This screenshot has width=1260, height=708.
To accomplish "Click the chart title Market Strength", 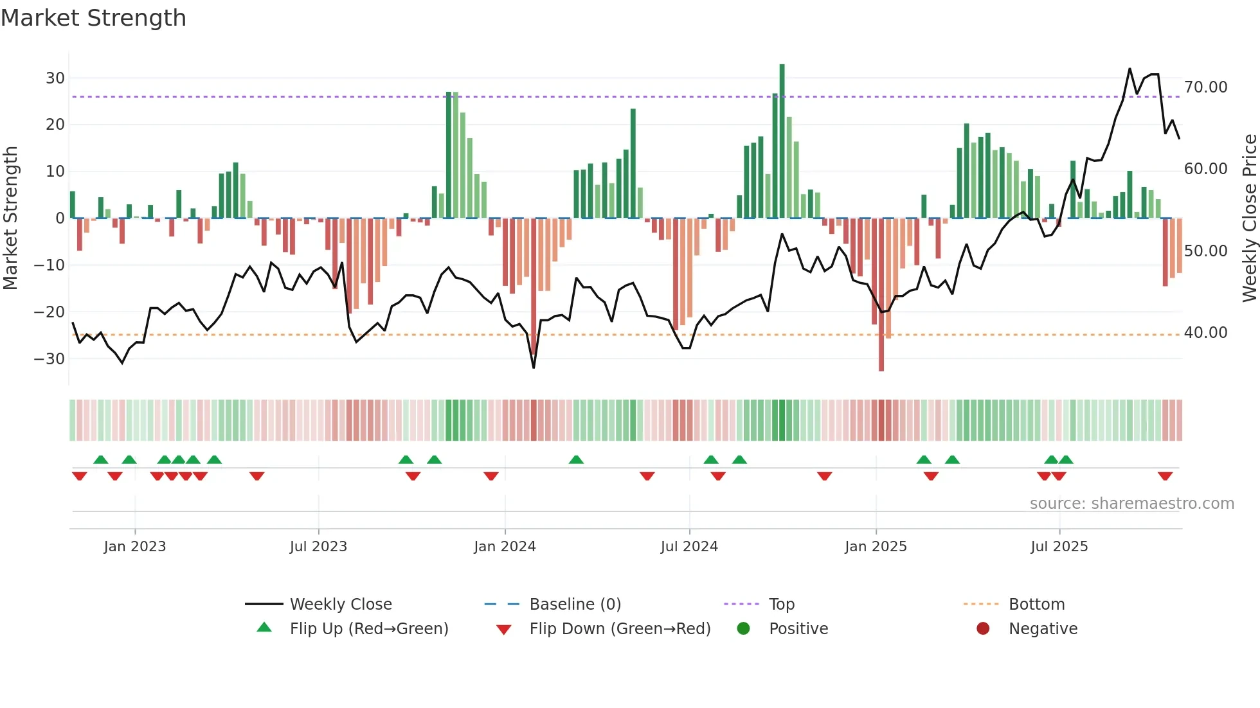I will (x=93, y=18).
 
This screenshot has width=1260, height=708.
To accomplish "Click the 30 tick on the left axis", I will (x=55, y=78).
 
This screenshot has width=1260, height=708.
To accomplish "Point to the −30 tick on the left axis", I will (x=50, y=358).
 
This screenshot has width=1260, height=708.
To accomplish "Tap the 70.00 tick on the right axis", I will (x=1205, y=87).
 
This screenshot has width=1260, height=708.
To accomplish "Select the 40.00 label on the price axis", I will (x=1205, y=333).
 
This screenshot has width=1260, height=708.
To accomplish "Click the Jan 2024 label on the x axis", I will (x=505, y=547).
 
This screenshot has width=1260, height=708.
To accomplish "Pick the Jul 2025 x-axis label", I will (x=1059, y=547).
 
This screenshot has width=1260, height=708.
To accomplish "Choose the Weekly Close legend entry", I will (x=340, y=605).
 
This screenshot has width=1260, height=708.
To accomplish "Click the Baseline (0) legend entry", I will (x=575, y=605).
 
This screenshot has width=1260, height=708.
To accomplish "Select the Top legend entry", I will (x=781, y=605).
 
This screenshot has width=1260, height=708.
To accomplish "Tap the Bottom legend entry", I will (x=1036, y=605).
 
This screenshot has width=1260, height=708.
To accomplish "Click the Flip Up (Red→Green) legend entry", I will (x=368, y=629).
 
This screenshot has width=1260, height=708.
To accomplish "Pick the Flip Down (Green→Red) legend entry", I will (x=620, y=629).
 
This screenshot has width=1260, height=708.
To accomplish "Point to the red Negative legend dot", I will (x=983, y=629).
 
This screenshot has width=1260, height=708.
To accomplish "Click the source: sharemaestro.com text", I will (x=1131, y=504).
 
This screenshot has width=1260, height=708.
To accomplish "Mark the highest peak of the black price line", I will (x=1129, y=69).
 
